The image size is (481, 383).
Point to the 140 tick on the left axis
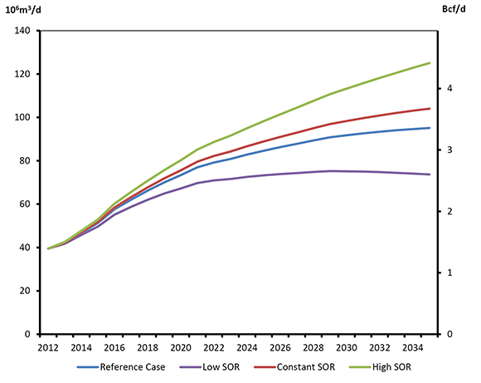point(22,31)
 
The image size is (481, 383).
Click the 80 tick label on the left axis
point(24,160)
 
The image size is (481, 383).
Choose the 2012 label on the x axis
point(48,346)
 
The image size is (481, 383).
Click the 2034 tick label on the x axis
point(413,346)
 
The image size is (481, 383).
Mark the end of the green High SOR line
point(430,63)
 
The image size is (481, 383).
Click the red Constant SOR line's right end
point(430,109)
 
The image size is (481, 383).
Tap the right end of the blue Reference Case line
point(430,128)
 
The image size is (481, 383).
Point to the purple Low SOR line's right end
point(430,174)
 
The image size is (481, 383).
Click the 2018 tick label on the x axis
point(148,346)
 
